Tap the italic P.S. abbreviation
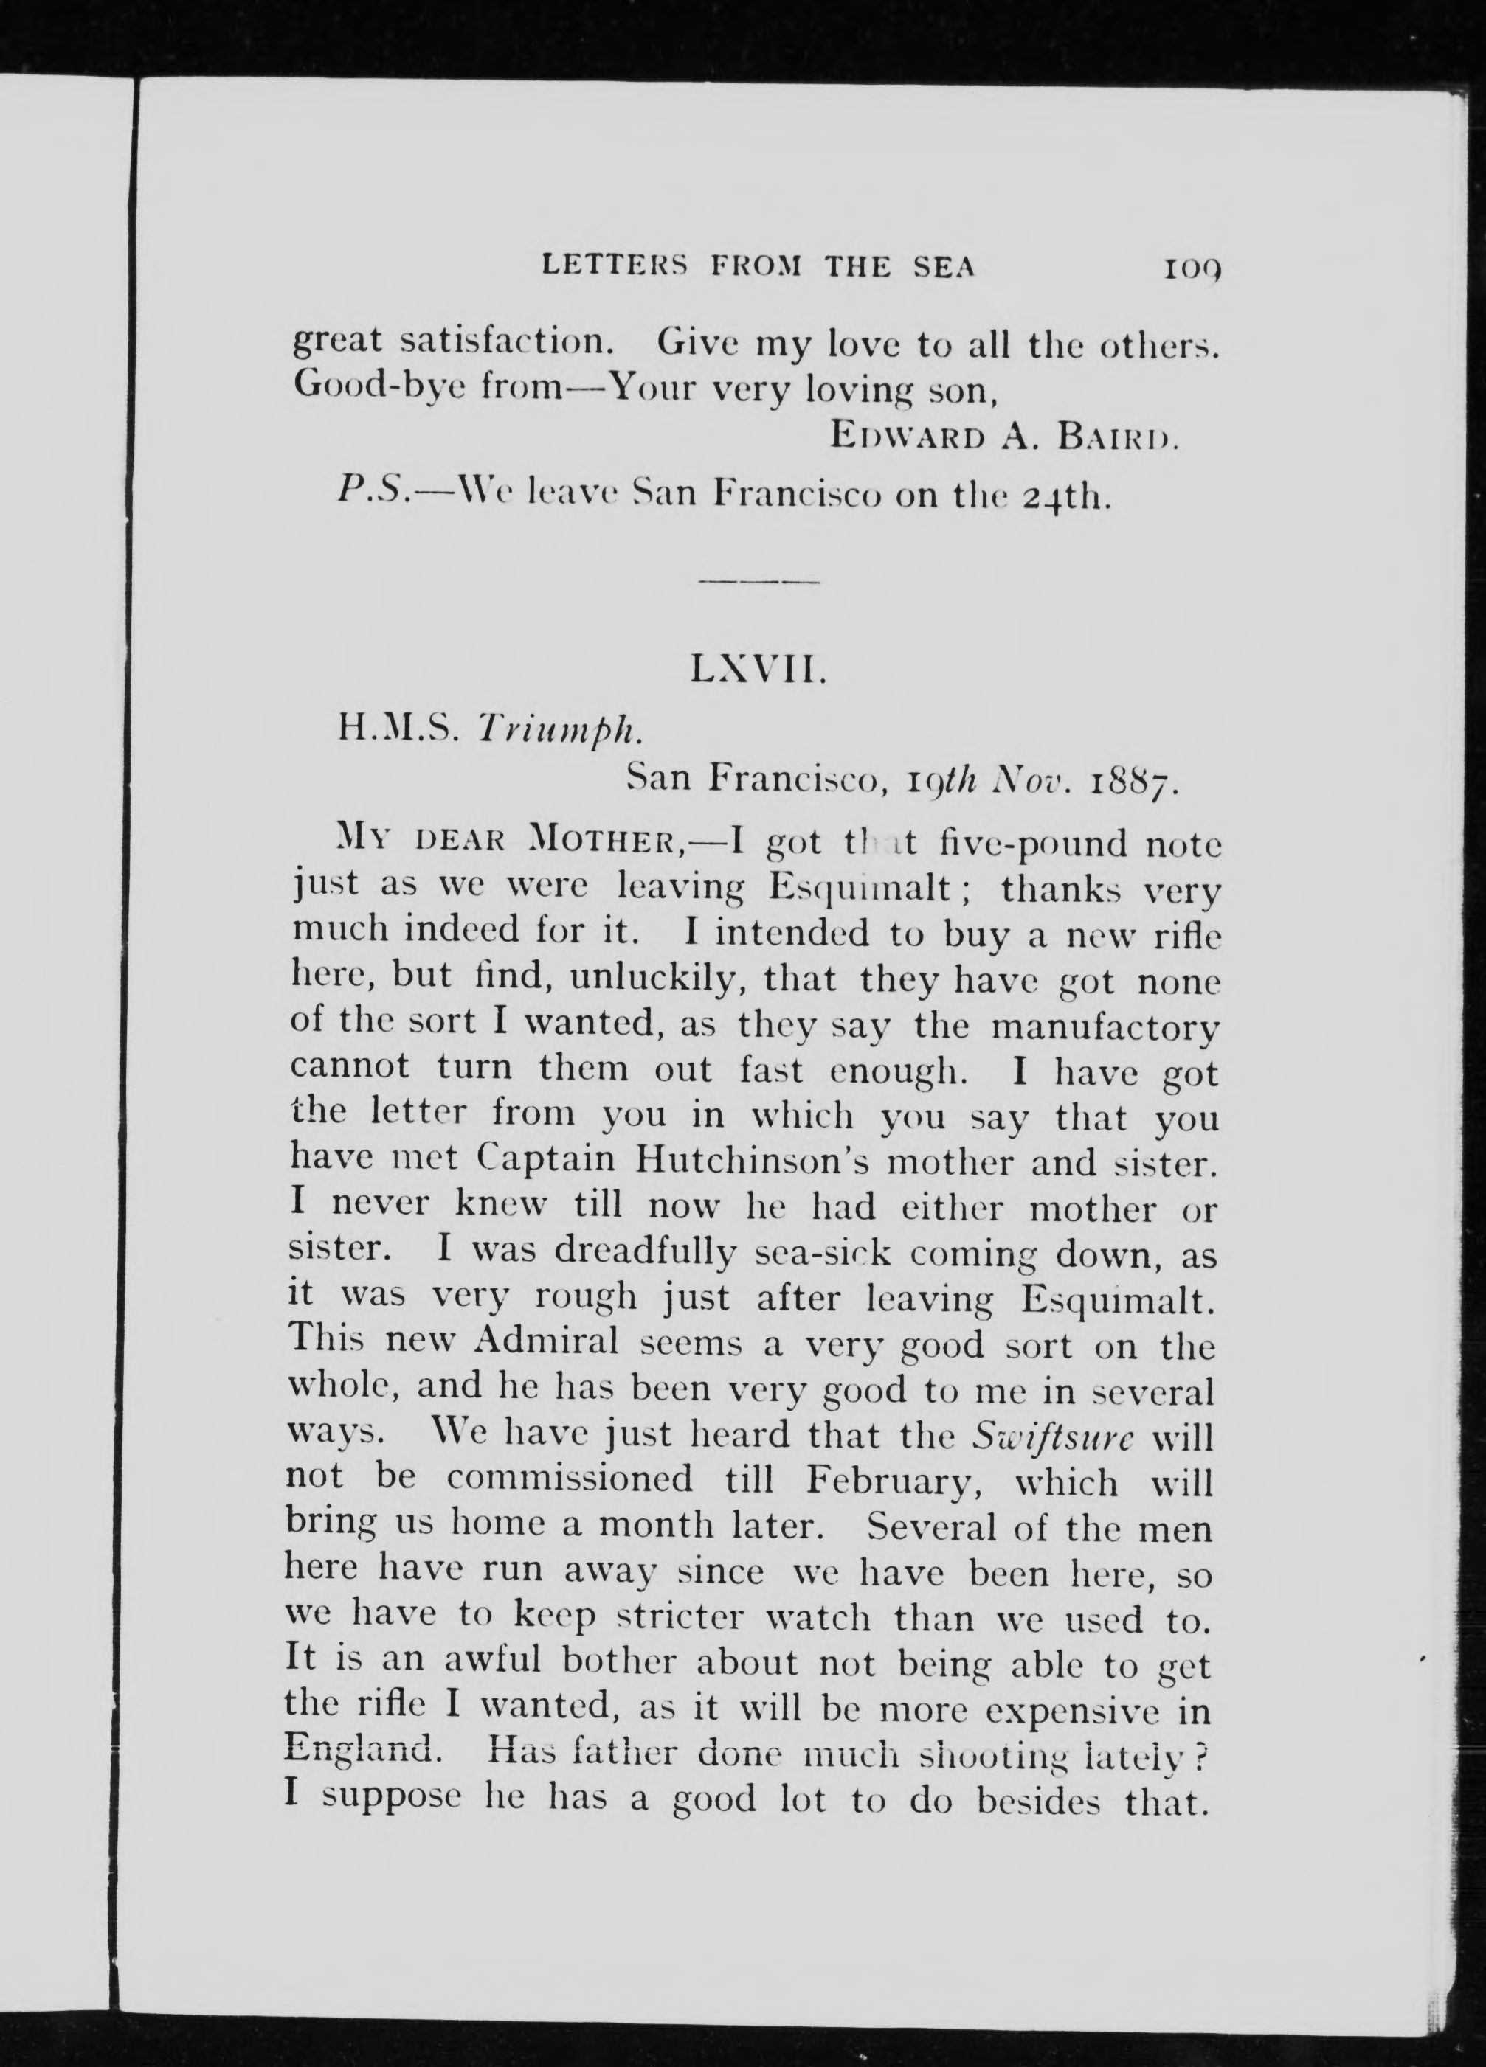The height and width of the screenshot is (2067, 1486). coord(368,494)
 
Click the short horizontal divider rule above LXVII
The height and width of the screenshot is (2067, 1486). coord(758,580)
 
